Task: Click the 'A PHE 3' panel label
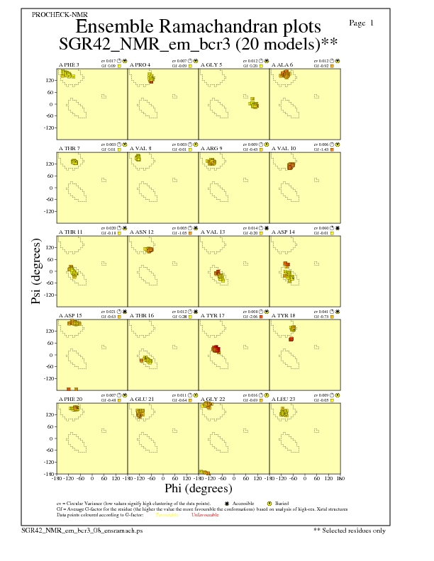68,64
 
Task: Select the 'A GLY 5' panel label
211,64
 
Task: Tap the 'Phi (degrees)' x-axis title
199,488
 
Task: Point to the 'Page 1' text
362,23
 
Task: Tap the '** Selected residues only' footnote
350,530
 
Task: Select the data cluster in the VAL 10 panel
291,166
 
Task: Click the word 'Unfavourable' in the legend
206,514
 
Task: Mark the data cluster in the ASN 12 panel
149,249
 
